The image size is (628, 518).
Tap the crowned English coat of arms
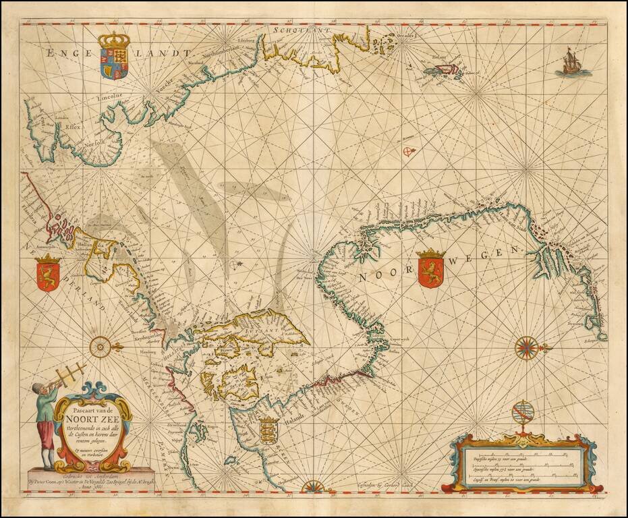[113, 56]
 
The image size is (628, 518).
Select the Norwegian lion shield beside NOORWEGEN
[432, 268]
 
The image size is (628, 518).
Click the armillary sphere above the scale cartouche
[521, 413]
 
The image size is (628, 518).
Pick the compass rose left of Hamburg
[100, 347]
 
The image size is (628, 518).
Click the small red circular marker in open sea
[407, 151]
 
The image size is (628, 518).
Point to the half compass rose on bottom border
[313, 486]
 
